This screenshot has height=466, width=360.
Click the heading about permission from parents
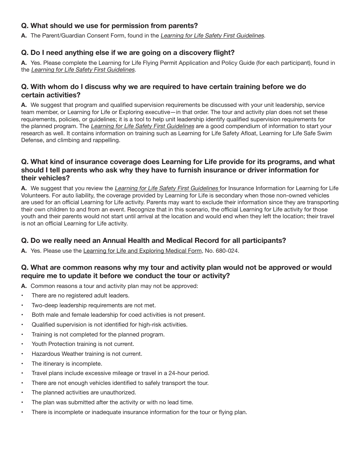tap(110, 26)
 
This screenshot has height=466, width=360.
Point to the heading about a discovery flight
tap(128, 53)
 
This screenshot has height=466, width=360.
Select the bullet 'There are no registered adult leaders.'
tap(80, 296)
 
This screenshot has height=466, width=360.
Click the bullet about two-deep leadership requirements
tap(94, 305)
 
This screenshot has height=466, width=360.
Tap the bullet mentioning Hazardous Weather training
tap(87, 354)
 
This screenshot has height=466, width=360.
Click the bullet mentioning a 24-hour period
tap(120, 373)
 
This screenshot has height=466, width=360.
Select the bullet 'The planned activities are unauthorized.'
tap(84, 393)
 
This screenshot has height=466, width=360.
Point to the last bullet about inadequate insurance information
tap(139, 412)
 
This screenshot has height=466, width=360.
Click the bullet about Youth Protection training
tap(83, 344)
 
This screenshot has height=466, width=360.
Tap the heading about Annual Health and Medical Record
tap(153, 241)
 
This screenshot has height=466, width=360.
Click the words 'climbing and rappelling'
tap(88, 140)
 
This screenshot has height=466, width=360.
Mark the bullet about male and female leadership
tap(118, 315)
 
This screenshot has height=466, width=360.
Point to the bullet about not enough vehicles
tap(120, 383)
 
